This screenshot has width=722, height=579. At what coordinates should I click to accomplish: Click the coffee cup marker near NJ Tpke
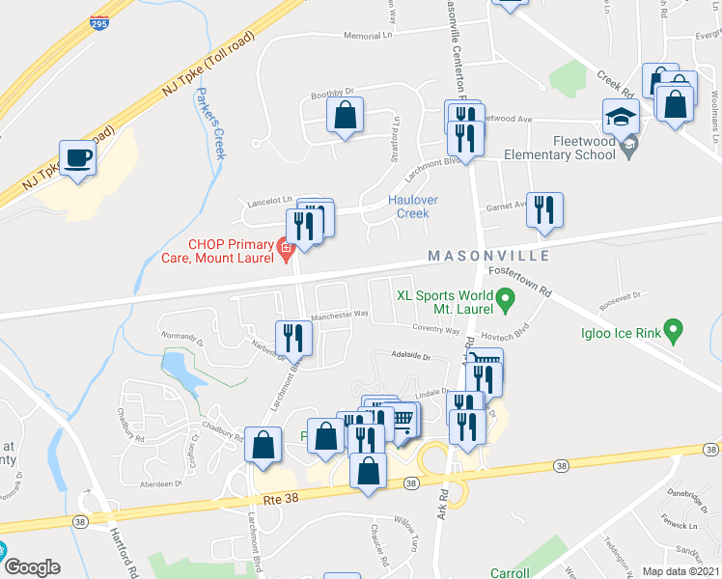point(78,157)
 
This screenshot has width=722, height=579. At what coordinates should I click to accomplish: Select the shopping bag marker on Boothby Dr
point(345,116)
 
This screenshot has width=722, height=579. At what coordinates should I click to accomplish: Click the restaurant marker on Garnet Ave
point(544,209)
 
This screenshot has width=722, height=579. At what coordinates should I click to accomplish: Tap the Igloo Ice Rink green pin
point(676,334)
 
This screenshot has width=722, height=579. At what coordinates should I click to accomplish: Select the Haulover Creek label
point(413,207)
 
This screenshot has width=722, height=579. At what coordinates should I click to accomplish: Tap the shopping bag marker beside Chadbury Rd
point(263,445)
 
